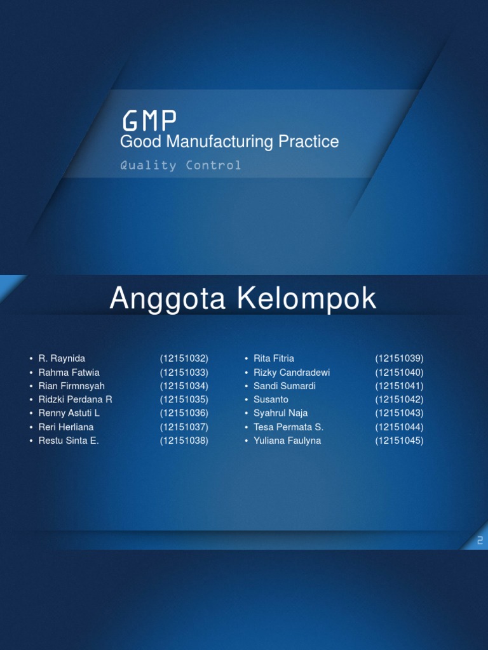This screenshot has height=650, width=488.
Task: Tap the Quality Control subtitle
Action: (180, 166)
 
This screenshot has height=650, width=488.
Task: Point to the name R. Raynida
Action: (62, 359)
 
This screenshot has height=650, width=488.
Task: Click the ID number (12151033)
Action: (184, 373)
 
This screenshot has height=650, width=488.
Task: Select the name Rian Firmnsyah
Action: (71, 386)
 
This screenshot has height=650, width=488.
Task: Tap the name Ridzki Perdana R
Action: (75, 399)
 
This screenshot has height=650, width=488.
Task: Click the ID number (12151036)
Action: (184, 413)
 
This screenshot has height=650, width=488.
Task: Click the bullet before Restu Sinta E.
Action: (30, 441)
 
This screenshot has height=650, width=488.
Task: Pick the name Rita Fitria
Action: (274, 359)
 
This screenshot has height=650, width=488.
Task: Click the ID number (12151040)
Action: (399, 373)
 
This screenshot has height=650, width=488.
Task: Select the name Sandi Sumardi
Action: (284, 386)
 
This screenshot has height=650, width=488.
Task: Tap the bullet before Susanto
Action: (246, 400)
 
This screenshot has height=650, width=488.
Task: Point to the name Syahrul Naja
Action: (280, 413)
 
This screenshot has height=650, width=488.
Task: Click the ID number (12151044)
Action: (399, 427)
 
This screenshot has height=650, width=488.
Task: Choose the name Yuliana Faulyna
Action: (287, 441)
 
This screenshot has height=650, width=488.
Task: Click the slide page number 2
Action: (480, 540)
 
